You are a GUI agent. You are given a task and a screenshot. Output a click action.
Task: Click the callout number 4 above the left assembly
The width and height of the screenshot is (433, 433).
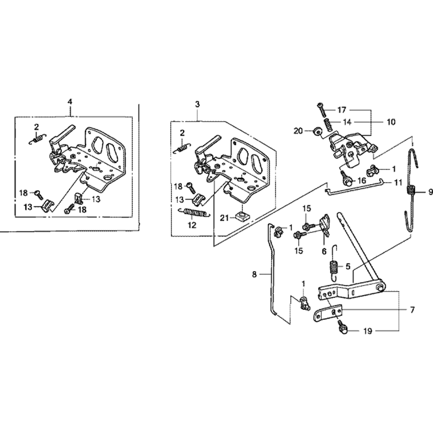pos(70,102)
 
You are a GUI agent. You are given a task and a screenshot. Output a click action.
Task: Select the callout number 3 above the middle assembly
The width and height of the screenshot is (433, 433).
pos(197,104)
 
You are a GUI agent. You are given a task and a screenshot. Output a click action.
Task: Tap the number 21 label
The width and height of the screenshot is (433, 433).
pos(224,218)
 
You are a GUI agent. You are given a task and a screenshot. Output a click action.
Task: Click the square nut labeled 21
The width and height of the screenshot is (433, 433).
pos(242,215)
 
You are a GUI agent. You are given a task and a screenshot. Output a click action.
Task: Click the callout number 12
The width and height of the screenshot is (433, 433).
pos(192,225)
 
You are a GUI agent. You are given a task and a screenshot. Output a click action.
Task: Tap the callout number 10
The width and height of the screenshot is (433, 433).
pos(391,122)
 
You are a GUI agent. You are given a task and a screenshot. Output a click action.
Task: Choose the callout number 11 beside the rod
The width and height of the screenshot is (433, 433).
pos(397,183)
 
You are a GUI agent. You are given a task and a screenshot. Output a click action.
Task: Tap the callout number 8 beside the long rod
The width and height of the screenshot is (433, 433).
pos(254,275)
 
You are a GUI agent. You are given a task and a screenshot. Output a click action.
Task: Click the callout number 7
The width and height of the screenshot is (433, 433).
pos(412,310)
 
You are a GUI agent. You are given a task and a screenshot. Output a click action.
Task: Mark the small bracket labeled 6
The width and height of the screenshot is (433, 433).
pos(325,225)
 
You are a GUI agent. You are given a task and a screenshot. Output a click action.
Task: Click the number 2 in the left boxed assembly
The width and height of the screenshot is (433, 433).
pos(36,127)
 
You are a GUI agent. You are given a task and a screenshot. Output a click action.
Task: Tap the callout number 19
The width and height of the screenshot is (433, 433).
pos(368,331)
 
